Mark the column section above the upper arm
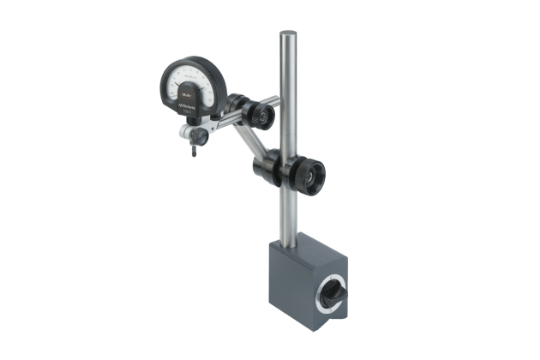click(x=288, y=69)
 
